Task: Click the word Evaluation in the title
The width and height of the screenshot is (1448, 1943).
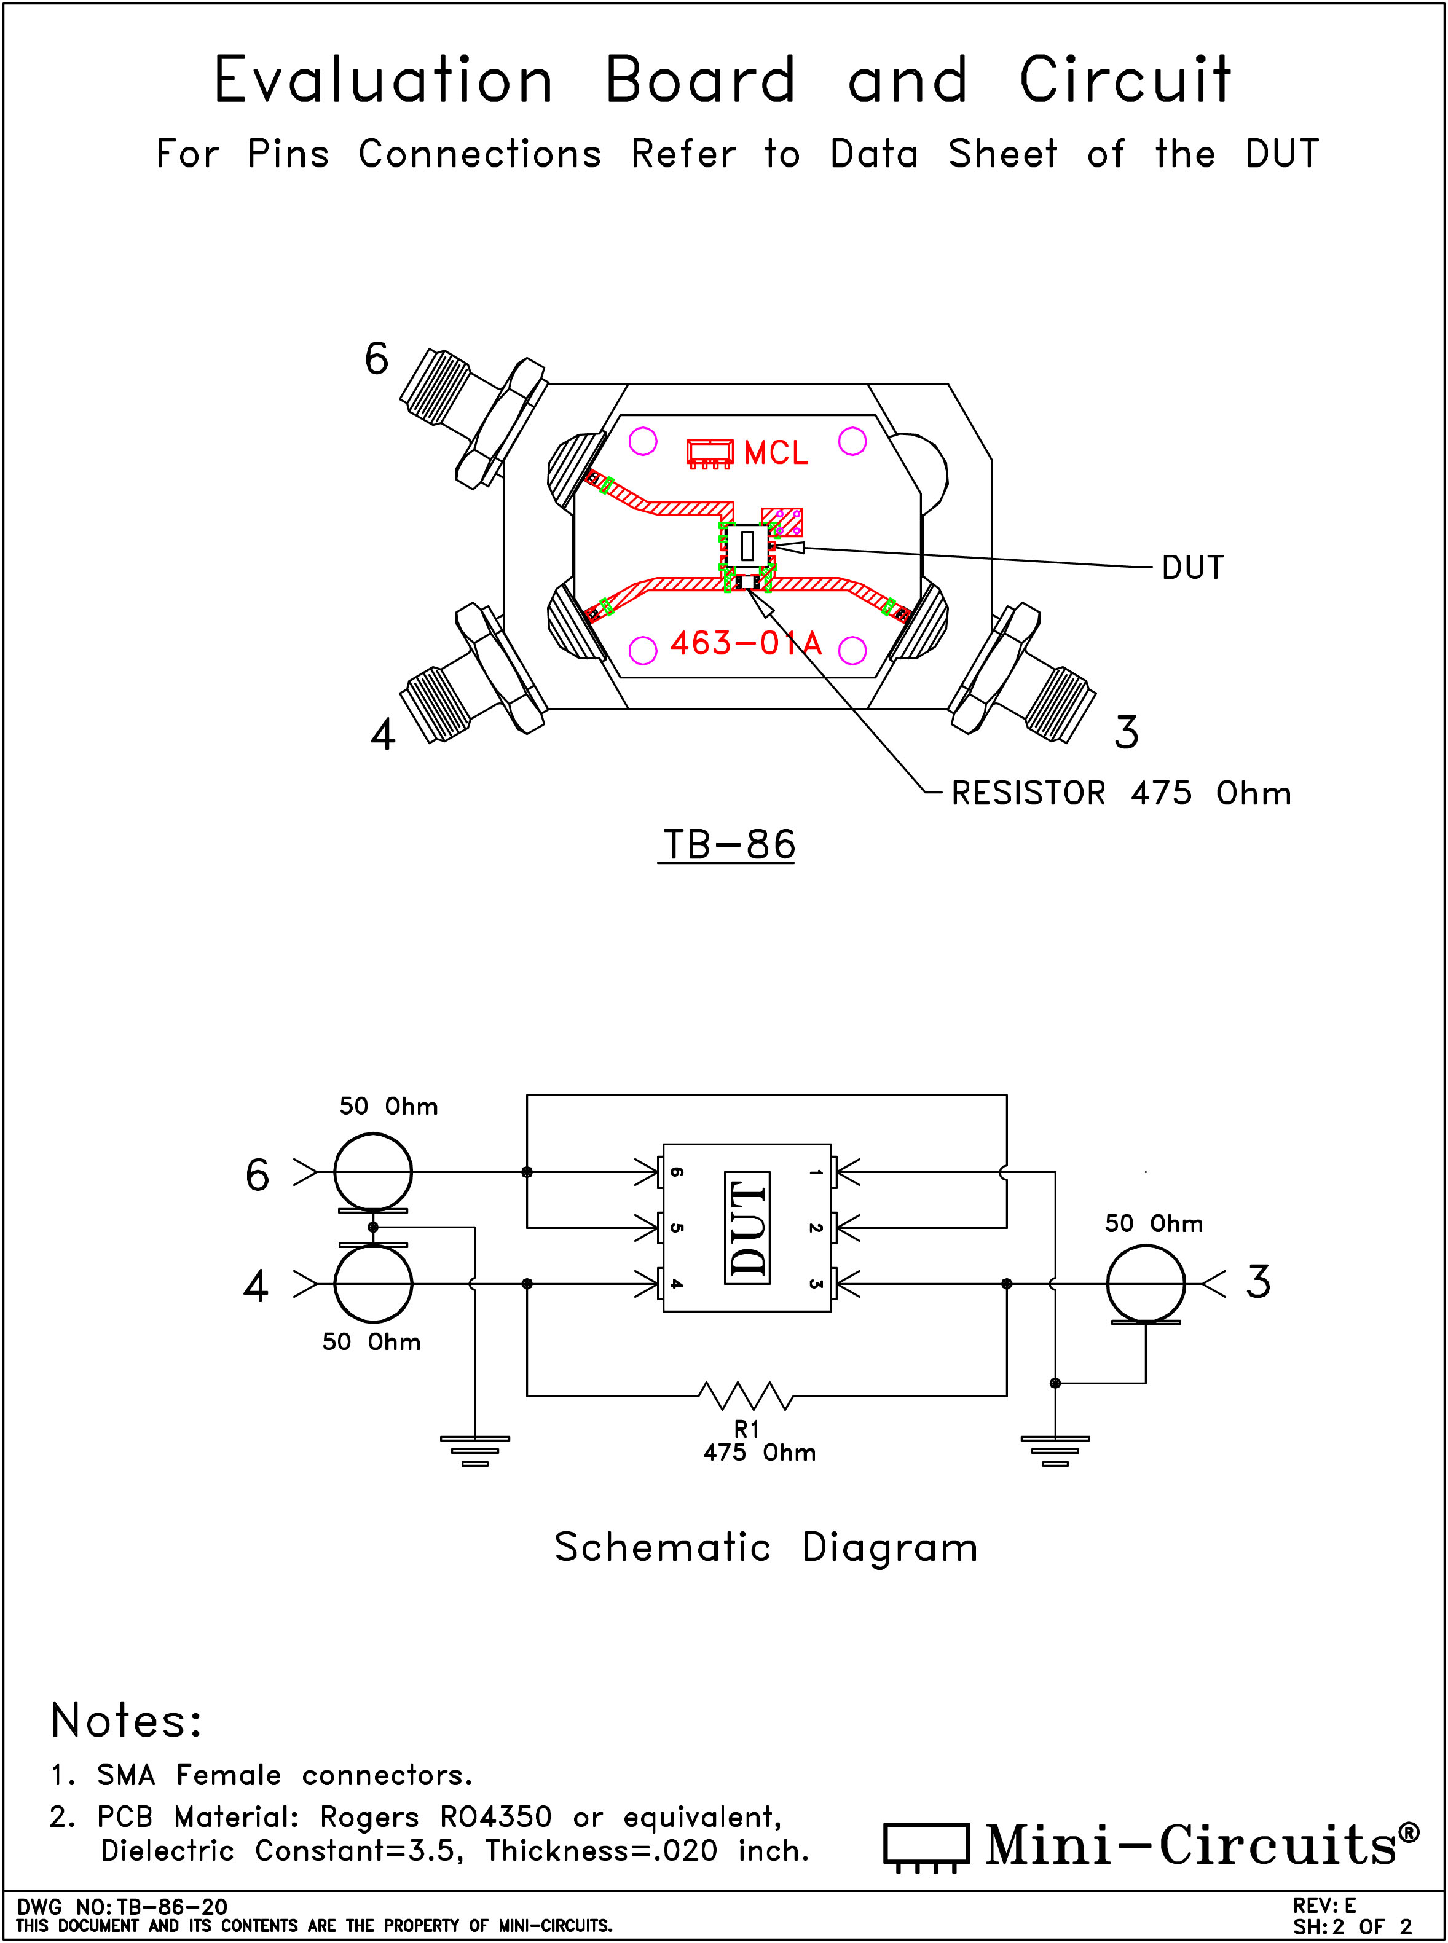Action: click(383, 80)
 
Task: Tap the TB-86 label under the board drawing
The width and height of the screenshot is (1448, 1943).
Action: click(728, 845)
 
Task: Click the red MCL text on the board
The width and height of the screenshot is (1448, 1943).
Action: click(776, 453)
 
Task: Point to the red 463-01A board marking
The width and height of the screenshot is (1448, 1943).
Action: click(746, 643)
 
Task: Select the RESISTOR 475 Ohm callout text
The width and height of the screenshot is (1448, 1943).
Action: click(1121, 793)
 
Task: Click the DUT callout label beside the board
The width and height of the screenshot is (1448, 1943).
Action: click(1192, 568)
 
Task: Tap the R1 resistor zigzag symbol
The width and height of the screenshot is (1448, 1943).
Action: click(746, 1395)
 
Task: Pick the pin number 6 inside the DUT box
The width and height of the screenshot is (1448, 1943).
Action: click(677, 1172)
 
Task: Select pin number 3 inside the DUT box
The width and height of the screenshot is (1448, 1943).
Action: click(815, 1284)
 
